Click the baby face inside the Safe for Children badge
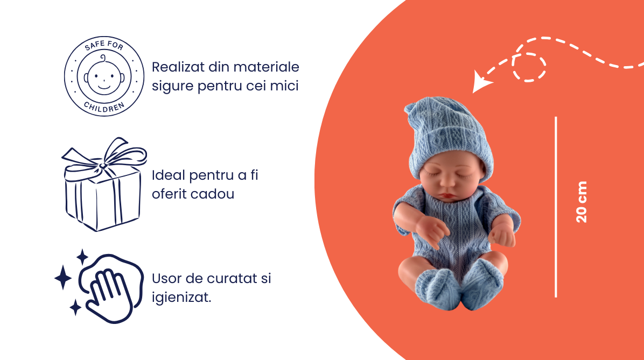[104, 76]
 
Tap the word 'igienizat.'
[181, 298]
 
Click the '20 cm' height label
[582, 202]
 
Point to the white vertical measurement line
[556, 207]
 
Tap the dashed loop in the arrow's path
[529, 67]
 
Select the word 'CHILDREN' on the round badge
[104, 107]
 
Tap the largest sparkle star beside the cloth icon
[63, 278]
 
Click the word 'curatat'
[228, 278]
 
